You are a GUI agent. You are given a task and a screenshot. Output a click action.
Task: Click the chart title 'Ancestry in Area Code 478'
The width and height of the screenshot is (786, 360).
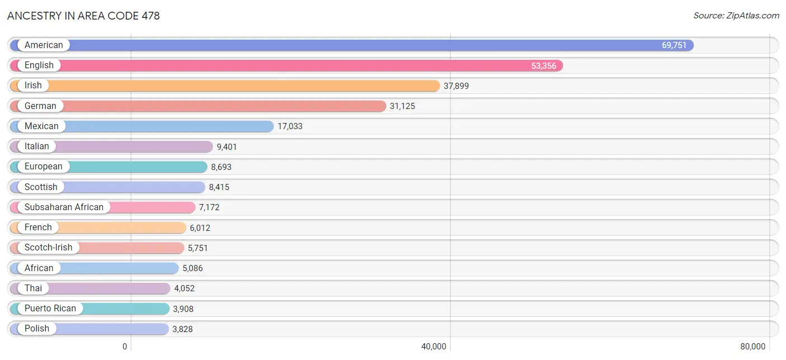pyautogui.click(x=83, y=16)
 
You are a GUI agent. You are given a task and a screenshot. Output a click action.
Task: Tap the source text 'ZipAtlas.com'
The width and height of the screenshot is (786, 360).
pyautogui.click(x=752, y=16)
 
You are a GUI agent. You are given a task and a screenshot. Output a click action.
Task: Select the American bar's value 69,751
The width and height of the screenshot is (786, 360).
pyautogui.click(x=674, y=45)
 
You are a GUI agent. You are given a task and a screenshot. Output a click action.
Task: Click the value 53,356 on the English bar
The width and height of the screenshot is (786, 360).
pyautogui.click(x=543, y=65)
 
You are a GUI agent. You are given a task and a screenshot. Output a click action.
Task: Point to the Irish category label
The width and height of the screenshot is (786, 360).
pyautogui.click(x=33, y=86)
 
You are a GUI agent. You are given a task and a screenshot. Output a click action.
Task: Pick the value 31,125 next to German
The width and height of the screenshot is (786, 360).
pyautogui.click(x=402, y=106)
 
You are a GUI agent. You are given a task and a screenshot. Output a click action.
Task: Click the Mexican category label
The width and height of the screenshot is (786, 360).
pyautogui.click(x=41, y=126)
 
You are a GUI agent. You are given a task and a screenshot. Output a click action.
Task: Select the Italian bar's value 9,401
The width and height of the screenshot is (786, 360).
pyautogui.click(x=226, y=146)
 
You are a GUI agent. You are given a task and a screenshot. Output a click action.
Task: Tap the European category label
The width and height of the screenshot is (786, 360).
pyautogui.click(x=44, y=167)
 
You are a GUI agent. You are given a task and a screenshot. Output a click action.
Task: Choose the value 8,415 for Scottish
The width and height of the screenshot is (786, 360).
pyautogui.click(x=219, y=187)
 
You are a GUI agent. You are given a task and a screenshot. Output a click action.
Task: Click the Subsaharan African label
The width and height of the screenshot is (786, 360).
pyautogui.click(x=64, y=207)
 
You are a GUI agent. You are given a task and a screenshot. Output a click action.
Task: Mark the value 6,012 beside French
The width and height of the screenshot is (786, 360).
pyautogui.click(x=200, y=228)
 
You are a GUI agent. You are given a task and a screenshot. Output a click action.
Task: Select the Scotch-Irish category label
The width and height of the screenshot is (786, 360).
pyautogui.click(x=49, y=248)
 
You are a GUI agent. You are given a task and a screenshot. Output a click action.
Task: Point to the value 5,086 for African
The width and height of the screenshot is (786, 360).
pyautogui.click(x=193, y=268)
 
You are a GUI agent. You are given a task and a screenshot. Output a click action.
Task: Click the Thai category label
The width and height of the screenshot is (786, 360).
pyautogui.click(x=34, y=288)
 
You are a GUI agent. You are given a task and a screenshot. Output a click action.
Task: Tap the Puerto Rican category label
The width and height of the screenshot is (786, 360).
pyautogui.click(x=50, y=308)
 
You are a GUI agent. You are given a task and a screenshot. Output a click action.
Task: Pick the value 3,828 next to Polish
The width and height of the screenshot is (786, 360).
pyautogui.click(x=182, y=329)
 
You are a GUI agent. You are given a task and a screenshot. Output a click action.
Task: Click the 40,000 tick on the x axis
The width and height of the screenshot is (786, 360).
pyautogui.click(x=434, y=347)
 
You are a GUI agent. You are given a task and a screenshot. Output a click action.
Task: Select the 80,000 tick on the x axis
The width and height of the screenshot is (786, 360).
pyautogui.click(x=752, y=347)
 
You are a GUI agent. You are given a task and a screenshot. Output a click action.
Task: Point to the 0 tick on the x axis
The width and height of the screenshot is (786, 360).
pyautogui.click(x=125, y=347)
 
